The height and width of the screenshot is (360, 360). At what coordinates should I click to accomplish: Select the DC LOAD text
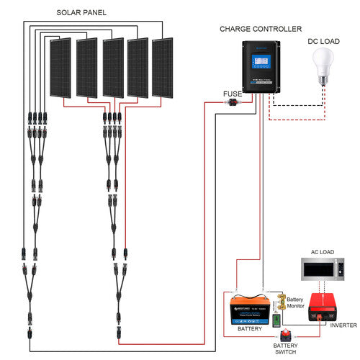tap(323, 42)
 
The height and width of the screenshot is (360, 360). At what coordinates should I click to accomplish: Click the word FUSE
tap(233, 93)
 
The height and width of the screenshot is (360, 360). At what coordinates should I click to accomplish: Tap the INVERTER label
tap(343, 325)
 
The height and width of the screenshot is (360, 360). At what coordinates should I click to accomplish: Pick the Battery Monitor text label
tap(295, 302)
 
